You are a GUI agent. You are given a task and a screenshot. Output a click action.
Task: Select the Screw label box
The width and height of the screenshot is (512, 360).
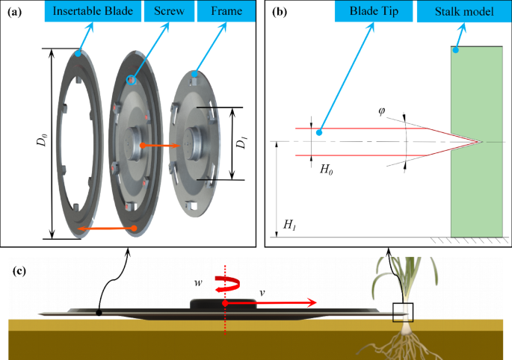[168, 12]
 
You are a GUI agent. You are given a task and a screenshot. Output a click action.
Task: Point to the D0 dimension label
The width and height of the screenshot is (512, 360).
[42, 143]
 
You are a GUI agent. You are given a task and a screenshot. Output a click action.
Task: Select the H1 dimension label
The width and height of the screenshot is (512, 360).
[288, 224]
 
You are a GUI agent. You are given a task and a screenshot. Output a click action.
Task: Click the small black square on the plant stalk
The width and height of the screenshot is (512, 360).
[403, 311]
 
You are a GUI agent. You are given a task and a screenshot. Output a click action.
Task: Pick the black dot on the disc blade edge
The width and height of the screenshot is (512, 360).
[99, 311]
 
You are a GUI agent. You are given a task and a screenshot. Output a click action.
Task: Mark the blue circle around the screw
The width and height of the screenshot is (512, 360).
[132, 79]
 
